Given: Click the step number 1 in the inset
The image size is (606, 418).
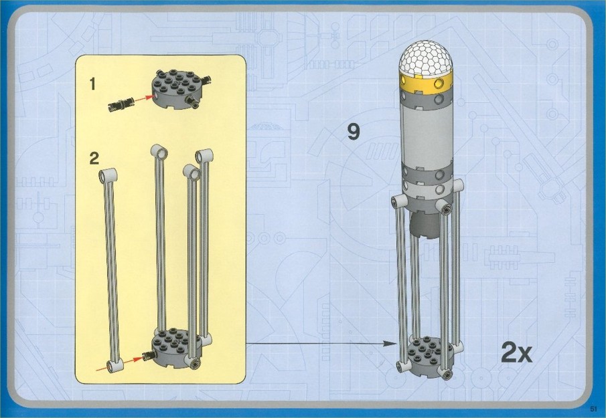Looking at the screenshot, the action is coord(92,84).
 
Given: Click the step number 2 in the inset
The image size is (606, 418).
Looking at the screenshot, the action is coord(94,159).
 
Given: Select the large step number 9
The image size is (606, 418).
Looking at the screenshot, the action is coord(354,132).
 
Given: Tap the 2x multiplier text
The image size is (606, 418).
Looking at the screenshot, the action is coord(517,352).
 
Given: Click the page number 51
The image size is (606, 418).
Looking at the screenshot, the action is coord(593,409).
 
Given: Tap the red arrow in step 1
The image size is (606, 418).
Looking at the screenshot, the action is coord(142,98).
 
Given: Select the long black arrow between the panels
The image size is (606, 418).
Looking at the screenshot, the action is coord(321,343).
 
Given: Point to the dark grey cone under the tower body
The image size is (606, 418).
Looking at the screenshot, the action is coord(425,225).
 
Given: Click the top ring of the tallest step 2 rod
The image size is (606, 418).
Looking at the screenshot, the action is coord(159,152).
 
